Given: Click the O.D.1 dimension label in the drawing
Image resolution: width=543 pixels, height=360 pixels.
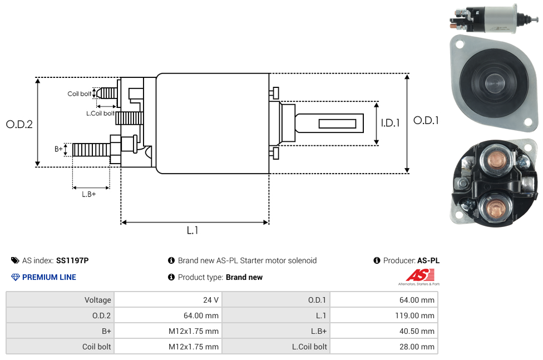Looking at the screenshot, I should pos(426,120).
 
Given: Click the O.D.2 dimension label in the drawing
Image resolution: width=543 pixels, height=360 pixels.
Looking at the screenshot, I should pos(19,124).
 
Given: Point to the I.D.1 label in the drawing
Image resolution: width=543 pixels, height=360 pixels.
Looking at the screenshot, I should pos(390,123).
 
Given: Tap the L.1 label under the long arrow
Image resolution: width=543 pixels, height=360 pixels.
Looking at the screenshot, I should pos(192,230).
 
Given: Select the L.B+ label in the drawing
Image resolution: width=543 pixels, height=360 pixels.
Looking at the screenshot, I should pos(88,194).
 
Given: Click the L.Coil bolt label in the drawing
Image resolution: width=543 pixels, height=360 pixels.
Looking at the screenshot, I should pos(100,114).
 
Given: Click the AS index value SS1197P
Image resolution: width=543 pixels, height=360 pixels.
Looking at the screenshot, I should pos(72,260).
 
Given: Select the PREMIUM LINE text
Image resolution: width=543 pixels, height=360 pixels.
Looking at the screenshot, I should pos(49,277).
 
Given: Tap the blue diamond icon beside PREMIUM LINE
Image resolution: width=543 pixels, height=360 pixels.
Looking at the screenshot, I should pos(16,277).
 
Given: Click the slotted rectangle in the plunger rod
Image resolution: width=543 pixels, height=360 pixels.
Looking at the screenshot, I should pos(338,123).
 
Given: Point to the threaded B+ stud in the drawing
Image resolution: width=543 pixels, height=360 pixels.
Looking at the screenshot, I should pos(91,150).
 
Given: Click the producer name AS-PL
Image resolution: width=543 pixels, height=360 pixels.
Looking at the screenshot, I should pos(428,260).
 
